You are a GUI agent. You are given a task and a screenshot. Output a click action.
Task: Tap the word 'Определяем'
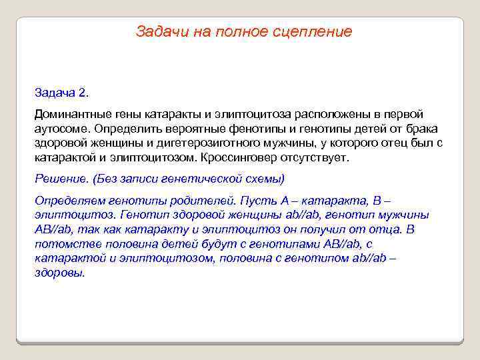68,200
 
